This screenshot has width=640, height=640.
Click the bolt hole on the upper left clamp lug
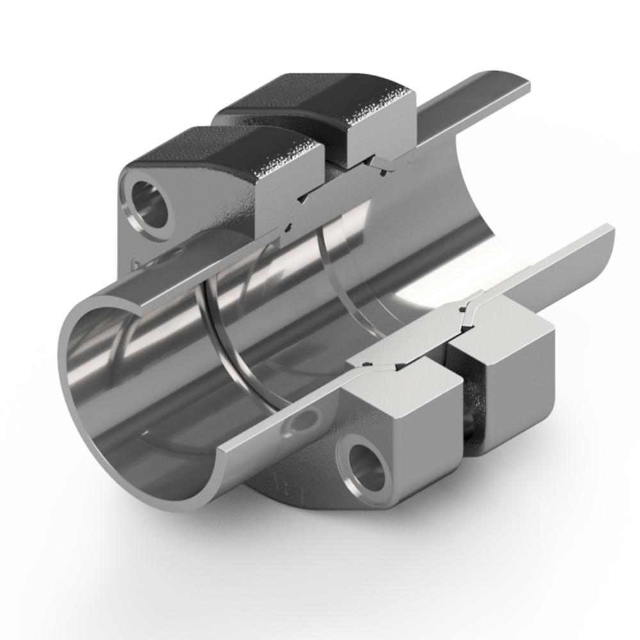tap(151, 204)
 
